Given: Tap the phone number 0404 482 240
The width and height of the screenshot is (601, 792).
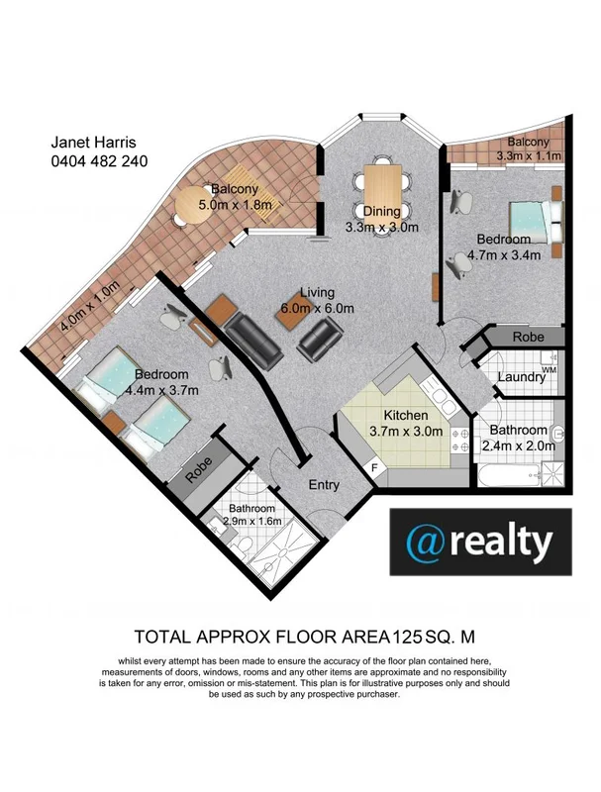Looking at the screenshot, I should pos(99,160).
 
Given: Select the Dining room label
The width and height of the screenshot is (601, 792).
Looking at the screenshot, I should pos(381,210).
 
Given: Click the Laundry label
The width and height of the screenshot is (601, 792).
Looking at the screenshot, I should pos(521,377).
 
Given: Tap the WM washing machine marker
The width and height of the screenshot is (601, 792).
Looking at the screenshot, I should pos(549,370).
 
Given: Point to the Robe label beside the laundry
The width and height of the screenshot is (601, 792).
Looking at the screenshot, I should pos(527,338).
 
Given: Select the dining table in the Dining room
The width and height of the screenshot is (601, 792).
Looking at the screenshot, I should pos(383,183).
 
